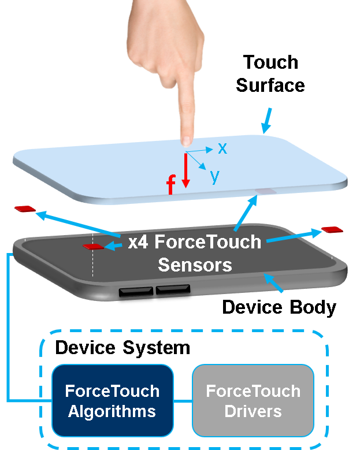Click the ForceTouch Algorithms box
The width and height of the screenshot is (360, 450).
112,400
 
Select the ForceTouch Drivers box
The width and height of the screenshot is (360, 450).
253,400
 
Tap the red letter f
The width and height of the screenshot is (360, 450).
171,185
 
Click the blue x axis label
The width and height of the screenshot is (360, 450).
222,148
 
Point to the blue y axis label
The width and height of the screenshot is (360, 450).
215,176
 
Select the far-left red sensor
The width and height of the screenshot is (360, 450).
25,209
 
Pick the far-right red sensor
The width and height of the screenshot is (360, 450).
332,229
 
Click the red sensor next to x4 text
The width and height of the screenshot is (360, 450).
93,247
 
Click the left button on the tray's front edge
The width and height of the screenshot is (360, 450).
136,291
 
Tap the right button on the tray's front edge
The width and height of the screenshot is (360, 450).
176,289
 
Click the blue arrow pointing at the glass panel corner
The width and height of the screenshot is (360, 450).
267,121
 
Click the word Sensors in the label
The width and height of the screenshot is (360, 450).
195,265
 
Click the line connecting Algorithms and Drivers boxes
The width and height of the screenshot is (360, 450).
183,400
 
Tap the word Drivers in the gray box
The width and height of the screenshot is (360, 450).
253,411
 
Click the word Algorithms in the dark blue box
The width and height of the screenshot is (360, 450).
112,411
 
